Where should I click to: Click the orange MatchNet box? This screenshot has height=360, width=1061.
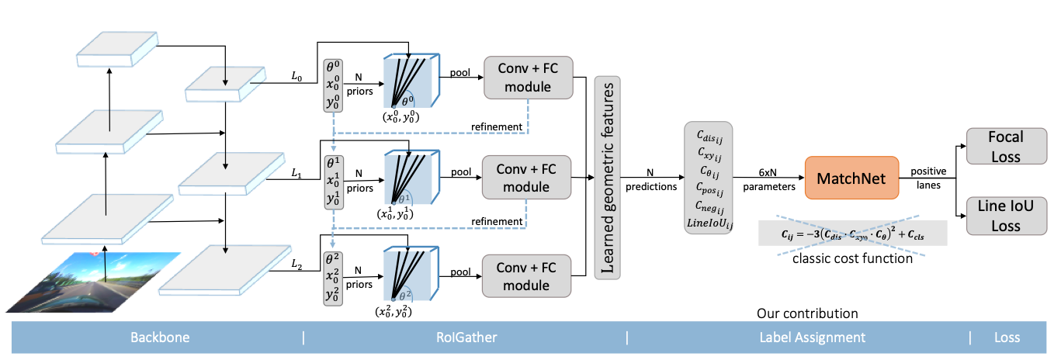(852, 178)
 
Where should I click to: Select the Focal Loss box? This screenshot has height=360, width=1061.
(1005, 146)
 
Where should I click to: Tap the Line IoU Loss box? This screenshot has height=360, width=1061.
(1005, 216)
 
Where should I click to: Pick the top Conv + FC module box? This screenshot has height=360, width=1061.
(526, 77)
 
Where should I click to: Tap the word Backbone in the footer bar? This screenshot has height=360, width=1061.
(159, 337)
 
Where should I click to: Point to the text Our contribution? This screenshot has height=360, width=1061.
(807, 313)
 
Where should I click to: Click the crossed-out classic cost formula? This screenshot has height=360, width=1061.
(852, 234)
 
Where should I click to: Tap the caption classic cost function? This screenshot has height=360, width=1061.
(852, 258)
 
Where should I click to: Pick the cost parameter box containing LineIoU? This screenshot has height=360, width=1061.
(709, 176)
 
